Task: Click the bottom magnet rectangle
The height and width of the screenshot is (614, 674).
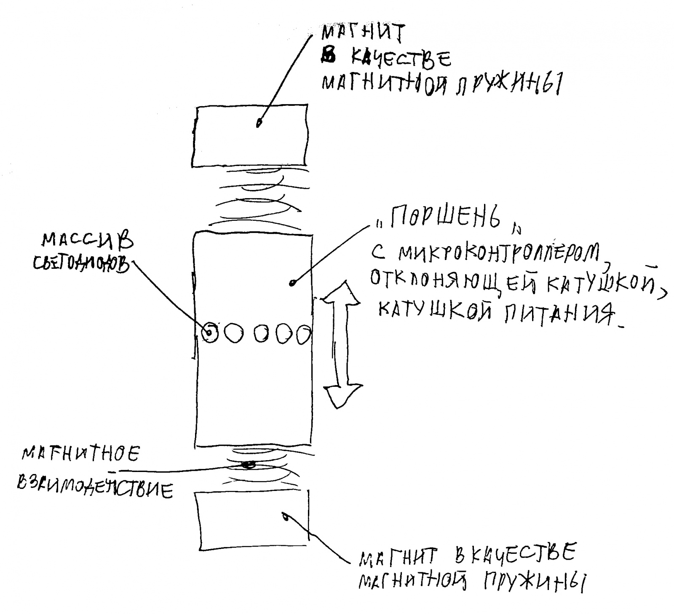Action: pos(253,522)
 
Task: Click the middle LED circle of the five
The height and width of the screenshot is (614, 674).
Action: pos(262,334)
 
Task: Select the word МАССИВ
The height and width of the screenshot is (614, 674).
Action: pos(88,243)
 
